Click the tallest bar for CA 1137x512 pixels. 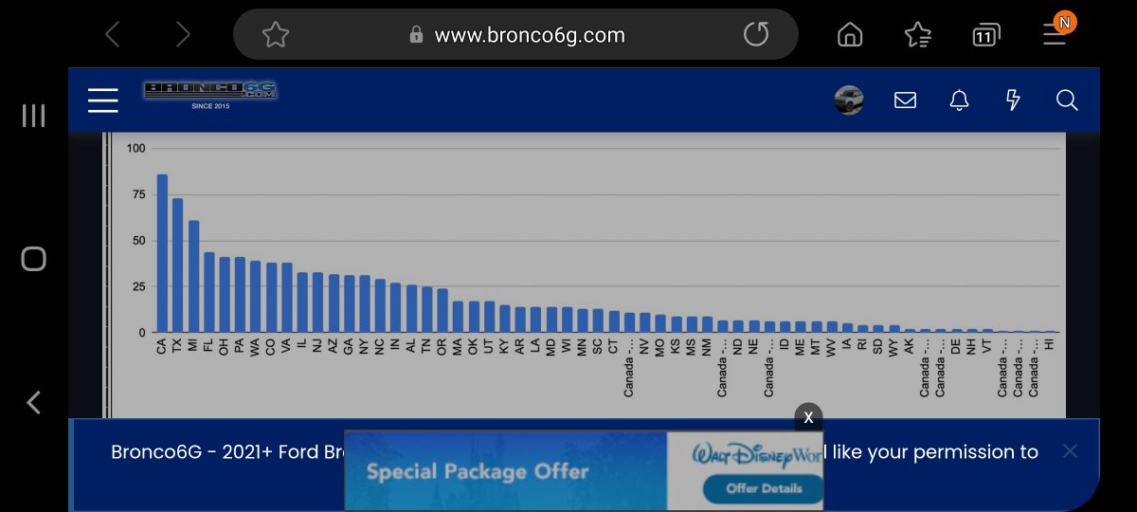pos(162,253)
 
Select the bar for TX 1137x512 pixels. pos(177,265)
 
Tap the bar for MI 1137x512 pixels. pos(193,276)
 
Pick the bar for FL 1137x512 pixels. pos(208,292)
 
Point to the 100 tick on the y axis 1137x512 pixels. pos(135,149)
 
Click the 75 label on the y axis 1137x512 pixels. pos(138,194)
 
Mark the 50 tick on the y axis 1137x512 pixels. pos(138,241)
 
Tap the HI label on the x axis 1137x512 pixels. pos(1049,344)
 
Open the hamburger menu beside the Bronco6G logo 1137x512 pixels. pos(102,101)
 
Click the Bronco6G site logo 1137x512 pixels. pos(209,93)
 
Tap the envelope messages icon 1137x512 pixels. pos(905,101)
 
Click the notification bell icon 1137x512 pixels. pos(959,101)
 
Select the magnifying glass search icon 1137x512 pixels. pos(1067,101)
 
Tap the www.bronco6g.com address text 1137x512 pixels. pos(530,35)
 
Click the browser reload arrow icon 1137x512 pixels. pos(756,35)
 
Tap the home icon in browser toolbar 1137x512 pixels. pos(850,35)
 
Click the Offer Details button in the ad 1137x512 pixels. pos(764,488)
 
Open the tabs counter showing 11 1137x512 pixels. pos(986,36)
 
